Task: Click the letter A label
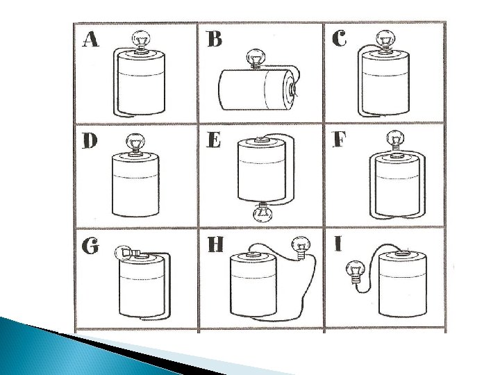point(90,39)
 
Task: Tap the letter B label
point(215,39)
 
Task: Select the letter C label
point(339,38)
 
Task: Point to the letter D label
point(90,140)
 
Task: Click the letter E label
point(213,140)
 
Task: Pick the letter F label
point(339,139)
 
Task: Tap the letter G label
point(90,246)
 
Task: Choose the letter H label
point(215,244)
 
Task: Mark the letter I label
point(337,244)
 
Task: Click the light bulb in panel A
point(141,42)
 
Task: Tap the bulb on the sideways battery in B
point(256,59)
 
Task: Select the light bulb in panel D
point(135,143)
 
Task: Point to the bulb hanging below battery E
point(262,212)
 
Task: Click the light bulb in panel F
point(395,140)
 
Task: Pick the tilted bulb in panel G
point(129,253)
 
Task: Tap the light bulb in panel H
point(301,248)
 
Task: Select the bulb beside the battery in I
point(355,272)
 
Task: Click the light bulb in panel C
point(386,41)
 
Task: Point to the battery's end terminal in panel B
point(293,89)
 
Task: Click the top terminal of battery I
point(402,253)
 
